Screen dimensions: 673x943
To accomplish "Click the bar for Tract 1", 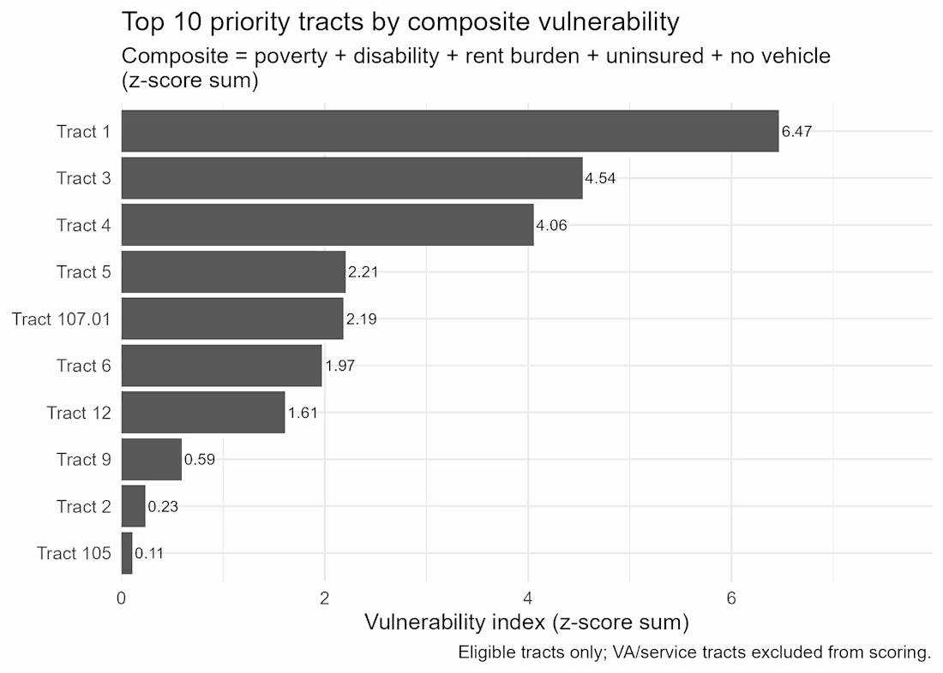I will point(449,131).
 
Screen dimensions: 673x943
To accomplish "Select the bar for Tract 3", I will point(351,178).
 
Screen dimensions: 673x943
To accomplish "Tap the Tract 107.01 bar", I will point(231,319).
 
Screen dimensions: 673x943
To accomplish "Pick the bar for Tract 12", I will point(202,413).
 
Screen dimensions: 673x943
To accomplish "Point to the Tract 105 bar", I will point(127,553).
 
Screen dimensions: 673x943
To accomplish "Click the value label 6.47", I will point(796,132).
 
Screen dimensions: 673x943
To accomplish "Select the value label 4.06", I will point(551,226).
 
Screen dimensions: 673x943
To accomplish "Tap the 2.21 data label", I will point(363,272).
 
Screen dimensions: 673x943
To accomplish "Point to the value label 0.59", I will point(199,460).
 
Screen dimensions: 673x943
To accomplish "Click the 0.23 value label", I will point(163,507).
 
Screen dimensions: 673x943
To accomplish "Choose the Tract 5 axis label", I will point(83,272).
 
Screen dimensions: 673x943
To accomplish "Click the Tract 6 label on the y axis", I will point(83,366).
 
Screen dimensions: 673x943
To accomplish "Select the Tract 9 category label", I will point(83,460).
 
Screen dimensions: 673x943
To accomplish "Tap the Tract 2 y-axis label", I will point(83,507).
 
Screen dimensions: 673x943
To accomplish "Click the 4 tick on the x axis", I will point(528,599).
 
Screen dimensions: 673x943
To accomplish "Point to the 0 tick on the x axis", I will point(122,599).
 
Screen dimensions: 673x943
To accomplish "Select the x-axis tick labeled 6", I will point(731,599).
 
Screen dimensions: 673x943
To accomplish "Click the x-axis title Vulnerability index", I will point(526,622).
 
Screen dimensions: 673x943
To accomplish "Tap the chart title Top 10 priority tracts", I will point(400,21).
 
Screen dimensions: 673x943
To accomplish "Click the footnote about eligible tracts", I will point(694,652).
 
